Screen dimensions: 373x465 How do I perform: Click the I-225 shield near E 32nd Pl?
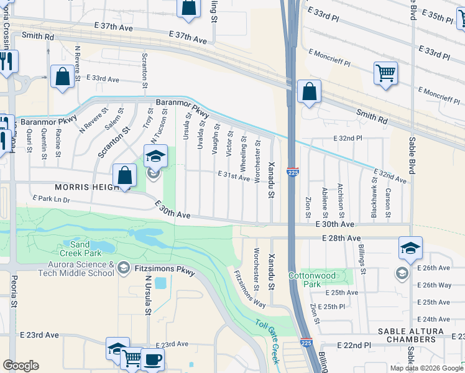coord(292,172)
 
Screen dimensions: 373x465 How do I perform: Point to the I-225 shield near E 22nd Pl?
coord(306,342)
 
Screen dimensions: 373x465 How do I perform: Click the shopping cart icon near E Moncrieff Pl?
coord(385,73)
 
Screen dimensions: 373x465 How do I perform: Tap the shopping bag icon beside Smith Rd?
coord(309,92)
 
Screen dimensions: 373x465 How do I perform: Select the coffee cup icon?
coord(152,359)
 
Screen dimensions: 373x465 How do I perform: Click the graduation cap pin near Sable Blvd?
coord(410,249)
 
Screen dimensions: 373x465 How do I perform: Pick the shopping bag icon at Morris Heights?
coord(125,175)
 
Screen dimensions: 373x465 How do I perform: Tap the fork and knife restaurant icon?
coord(7,62)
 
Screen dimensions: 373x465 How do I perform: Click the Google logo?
coord(21,365)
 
